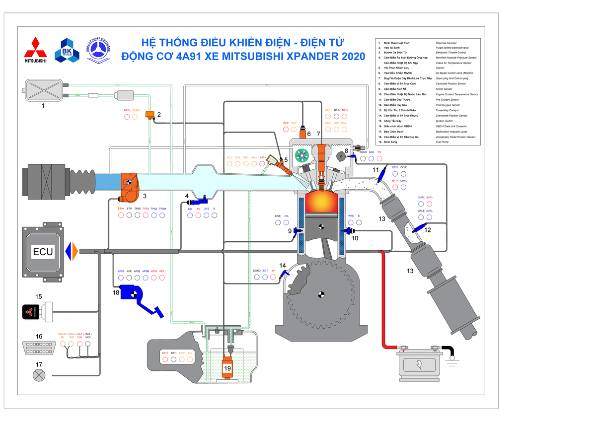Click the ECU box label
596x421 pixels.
[x=43, y=252]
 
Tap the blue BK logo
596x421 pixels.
[x=67, y=51]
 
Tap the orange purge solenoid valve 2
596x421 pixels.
[x=149, y=116]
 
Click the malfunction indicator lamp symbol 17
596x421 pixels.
[x=38, y=375]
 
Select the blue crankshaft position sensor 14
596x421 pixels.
[x=284, y=273]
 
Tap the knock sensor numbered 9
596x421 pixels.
[x=298, y=230]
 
